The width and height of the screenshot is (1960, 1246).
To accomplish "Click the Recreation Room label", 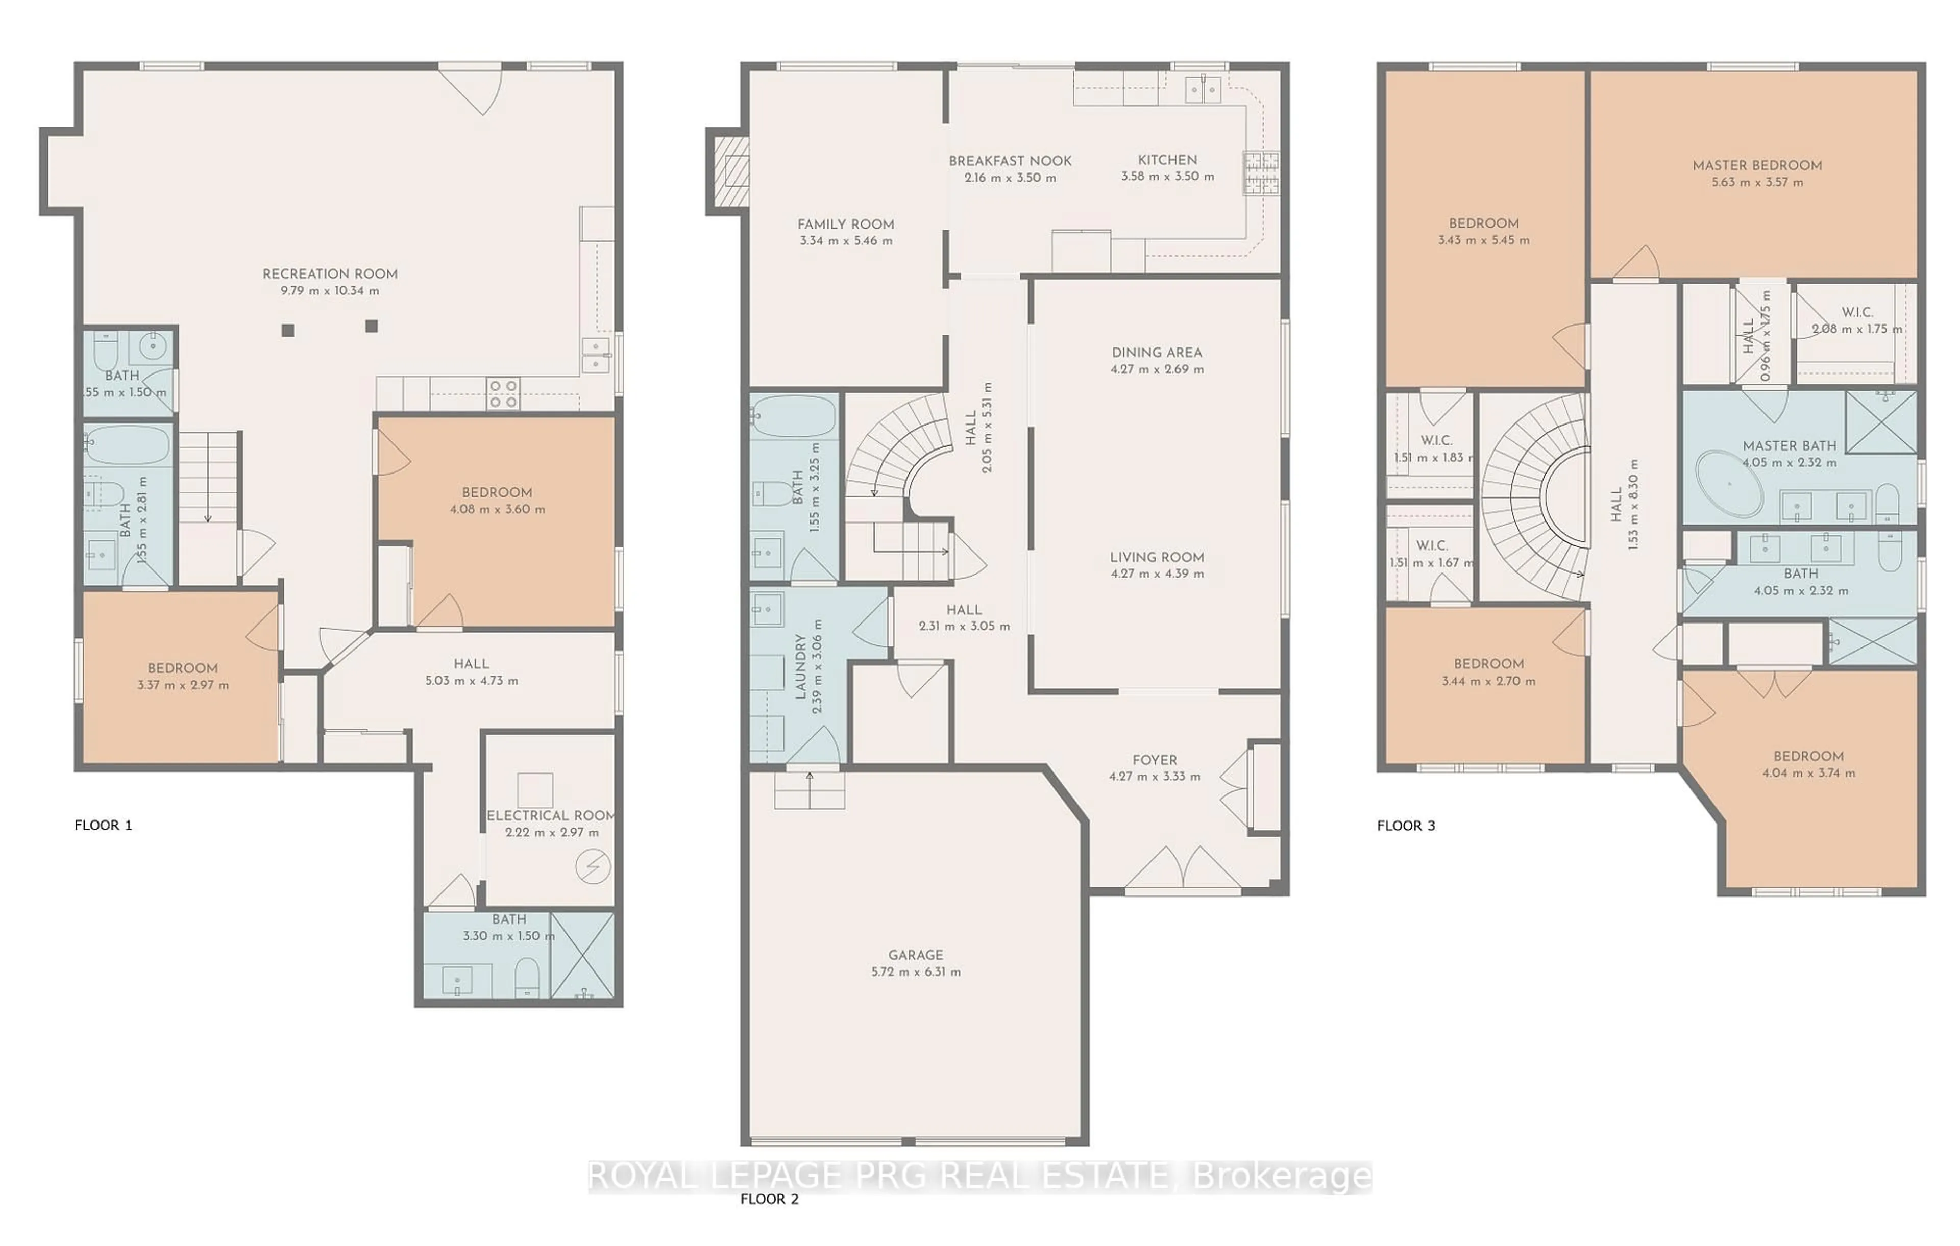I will pos(330,273).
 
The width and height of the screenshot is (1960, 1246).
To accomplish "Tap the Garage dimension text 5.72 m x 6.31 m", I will pos(916,971).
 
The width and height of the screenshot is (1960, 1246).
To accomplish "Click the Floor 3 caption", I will pos(1406,825).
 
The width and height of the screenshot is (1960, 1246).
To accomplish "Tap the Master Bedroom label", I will pos(1756,165).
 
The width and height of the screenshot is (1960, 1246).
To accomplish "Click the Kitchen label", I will pos(1167,160).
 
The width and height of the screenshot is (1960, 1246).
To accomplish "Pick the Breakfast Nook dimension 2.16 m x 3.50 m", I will pos(1010,178).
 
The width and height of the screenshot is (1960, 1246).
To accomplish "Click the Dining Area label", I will pos(1157,353).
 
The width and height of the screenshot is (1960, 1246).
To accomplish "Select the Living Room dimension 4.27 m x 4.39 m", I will pos(1157,574).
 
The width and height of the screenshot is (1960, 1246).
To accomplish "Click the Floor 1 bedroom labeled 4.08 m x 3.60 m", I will pos(497,501).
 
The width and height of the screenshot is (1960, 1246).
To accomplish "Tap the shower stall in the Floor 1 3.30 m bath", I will pos(582,956).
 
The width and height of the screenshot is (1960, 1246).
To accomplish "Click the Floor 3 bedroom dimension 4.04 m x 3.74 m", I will pos(1808,773).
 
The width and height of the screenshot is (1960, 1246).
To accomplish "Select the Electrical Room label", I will pos(550,815).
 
